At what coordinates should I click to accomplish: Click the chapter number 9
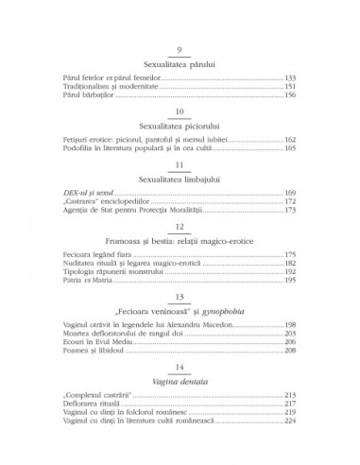click(x=180, y=50)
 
